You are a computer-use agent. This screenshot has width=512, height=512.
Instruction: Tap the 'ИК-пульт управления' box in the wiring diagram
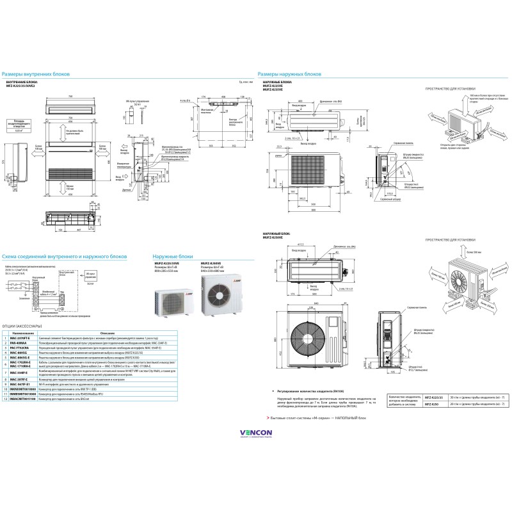(90, 275)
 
